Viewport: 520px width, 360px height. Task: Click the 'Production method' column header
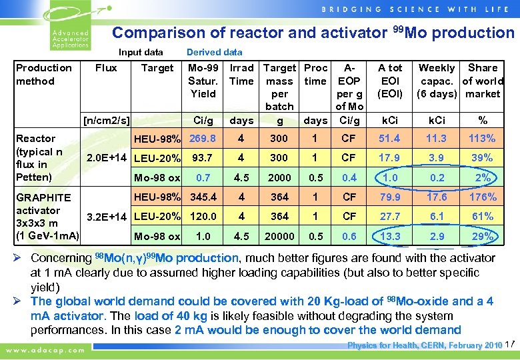point(44,74)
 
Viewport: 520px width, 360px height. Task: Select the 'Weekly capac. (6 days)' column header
point(436,81)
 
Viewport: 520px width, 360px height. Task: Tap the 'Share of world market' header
point(483,81)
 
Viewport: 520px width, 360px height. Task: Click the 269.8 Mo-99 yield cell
point(203,139)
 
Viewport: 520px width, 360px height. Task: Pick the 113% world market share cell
point(483,139)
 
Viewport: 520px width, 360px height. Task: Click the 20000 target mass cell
point(279,237)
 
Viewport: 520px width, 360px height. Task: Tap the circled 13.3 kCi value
point(391,237)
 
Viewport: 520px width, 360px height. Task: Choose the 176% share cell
point(483,197)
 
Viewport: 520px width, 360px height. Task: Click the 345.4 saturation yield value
point(203,197)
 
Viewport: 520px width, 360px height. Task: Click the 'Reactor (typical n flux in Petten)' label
point(40,158)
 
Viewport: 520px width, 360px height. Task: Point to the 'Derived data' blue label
point(214,52)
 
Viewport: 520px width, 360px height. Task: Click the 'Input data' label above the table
point(141,52)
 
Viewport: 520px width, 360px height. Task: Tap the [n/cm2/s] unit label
point(105,120)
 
